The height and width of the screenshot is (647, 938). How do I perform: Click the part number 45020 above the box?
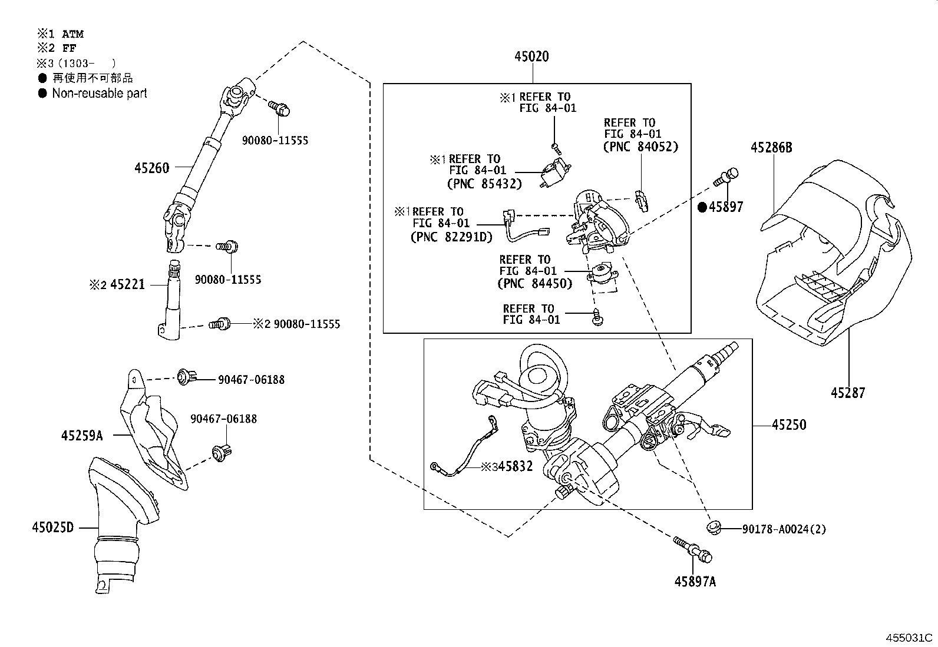pos(531,57)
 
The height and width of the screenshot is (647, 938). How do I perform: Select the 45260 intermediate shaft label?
pos(151,168)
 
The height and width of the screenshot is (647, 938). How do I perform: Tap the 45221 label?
pos(127,286)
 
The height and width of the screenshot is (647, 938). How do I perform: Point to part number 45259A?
pos(82,436)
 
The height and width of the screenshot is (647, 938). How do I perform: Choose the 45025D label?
pos(53,527)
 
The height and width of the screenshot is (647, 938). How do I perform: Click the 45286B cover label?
pos(771,148)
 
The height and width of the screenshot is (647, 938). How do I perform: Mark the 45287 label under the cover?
pos(848,392)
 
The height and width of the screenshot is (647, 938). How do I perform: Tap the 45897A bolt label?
pos(695,582)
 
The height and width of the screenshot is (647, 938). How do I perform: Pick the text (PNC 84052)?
pos(641,147)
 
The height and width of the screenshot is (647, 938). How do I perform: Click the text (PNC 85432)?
pos(484,184)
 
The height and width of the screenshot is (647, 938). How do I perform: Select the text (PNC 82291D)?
pos(451,237)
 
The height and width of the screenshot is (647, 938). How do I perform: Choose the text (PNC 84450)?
pos(535,284)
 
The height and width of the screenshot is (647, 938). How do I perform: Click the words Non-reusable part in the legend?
pos(100,93)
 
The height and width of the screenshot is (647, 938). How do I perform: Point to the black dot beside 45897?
pos(702,207)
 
